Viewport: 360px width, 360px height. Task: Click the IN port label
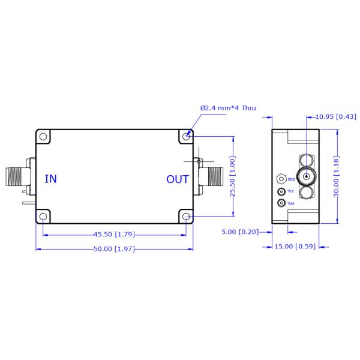(x=51, y=179)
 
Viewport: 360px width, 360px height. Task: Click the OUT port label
(x=178, y=179)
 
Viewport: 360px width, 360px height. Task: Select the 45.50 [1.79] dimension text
(x=113, y=234)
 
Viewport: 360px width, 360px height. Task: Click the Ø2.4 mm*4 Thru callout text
(x=227, y=108)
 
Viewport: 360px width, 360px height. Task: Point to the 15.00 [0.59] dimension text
(x=293, y=246)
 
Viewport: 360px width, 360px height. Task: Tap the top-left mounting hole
(x=43, y=137)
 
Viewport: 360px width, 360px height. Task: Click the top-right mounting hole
(x=187, y=137)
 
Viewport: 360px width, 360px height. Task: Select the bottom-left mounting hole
(x=43, y=216)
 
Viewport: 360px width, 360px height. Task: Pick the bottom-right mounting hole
(x=187, y=216)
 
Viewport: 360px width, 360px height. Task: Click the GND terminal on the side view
(x=280, y=179)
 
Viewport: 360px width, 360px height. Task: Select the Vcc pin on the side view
(x=280, y=191)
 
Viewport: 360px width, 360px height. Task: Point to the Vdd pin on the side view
(x=280, y=203)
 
